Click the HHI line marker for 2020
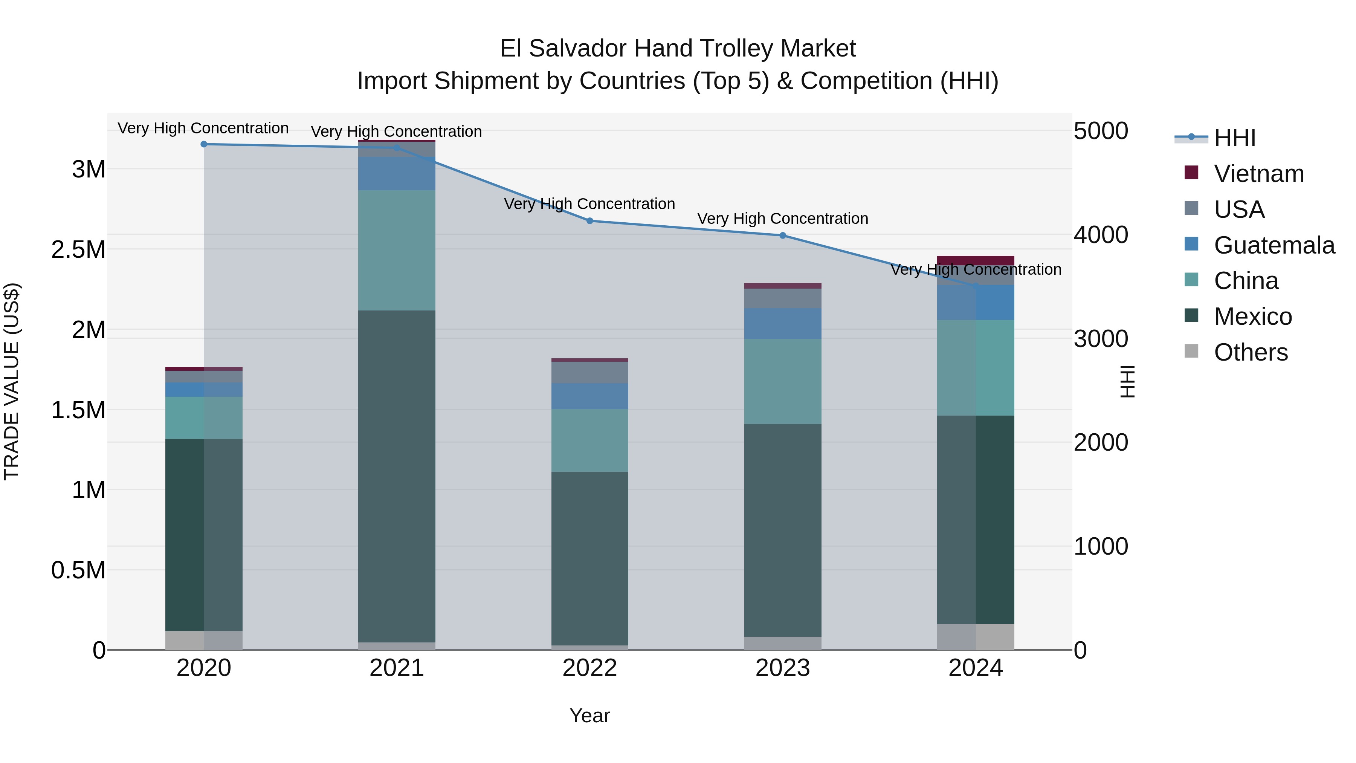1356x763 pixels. pos(204,144)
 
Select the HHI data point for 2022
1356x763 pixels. pos(589,221)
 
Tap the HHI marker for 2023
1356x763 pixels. pos(783,235)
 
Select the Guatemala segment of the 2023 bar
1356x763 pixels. pos(783,324)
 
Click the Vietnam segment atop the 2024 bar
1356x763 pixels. pos(976,260)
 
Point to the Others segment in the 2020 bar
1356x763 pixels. pos(204,640)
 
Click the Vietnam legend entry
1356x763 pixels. pos(1258,174)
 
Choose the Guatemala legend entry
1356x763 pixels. pos(1274,245)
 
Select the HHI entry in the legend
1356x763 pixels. pos(1234,138)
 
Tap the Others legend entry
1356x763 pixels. pos(1250,352)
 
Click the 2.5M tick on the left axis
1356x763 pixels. pos(78,249)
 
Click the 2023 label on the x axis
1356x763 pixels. pos(783,668)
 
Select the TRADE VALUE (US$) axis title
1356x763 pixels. pos(12,382)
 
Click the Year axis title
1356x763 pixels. pos(589,716)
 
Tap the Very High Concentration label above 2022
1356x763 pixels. pos(589,204)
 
